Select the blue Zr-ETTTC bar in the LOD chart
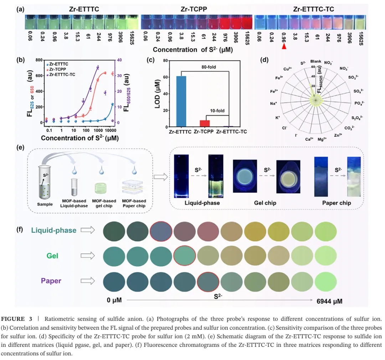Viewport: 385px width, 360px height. (x=181, y=101)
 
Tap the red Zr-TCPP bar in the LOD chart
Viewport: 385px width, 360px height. (x=205, y=123)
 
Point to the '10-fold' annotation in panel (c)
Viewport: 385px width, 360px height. (x=217, y=111)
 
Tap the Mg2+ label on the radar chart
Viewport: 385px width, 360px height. (x=322, y=139)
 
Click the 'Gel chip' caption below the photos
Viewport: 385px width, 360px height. (x=265, y=203)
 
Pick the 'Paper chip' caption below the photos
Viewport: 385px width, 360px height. (x=337, y=203)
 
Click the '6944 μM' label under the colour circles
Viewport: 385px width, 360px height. (x=329, y=301)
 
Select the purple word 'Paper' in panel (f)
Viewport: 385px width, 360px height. (x=51, y=281)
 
